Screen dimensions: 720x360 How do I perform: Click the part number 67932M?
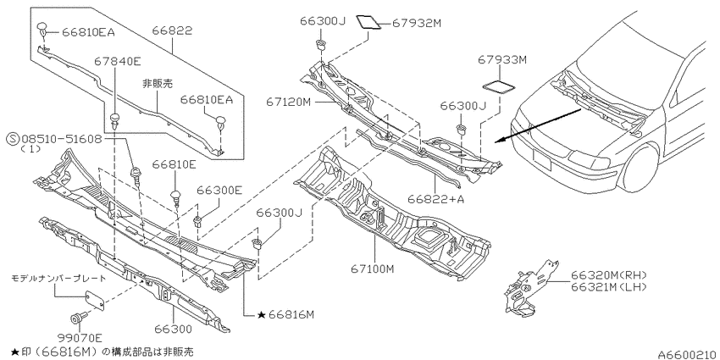tap(416, 23)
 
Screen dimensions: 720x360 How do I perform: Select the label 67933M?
tap(502, 59)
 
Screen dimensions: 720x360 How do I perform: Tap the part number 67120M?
tap(288, 102)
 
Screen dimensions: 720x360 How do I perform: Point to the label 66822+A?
tap(435, 199)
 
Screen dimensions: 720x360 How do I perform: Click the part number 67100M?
tap(373, 269)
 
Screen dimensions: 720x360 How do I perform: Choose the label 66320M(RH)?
tap(609, 275)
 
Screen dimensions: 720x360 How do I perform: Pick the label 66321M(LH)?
tap(609, 287)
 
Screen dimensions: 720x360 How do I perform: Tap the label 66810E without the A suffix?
tap(174, 164)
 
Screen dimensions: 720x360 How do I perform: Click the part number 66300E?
tap(219, 190)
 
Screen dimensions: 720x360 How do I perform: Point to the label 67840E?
tap(118, 61)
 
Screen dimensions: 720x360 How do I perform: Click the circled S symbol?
tap(14, 139)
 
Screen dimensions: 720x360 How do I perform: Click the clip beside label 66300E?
tap(198, 221)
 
